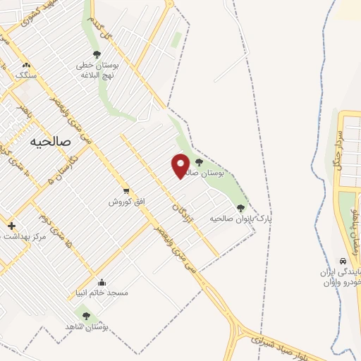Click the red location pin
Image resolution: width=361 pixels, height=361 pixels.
181,166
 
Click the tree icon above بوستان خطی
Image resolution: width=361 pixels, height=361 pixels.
97,54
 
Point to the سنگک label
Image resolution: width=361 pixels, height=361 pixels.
25,73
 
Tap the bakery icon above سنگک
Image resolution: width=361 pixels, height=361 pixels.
25,64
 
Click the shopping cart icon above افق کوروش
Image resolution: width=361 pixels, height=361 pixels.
126,190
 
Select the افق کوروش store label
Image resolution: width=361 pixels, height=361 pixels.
126,202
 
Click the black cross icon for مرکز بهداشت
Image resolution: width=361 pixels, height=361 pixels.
11,226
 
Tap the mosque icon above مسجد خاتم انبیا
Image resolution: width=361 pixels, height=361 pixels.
102,283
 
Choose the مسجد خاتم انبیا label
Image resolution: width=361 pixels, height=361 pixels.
102,294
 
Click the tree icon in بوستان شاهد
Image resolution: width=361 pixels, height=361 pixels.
86,316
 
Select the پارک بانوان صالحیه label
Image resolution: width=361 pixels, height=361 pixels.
240,219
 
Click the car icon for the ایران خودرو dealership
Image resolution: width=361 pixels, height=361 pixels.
343,259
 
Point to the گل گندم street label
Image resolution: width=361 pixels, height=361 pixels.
105,28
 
